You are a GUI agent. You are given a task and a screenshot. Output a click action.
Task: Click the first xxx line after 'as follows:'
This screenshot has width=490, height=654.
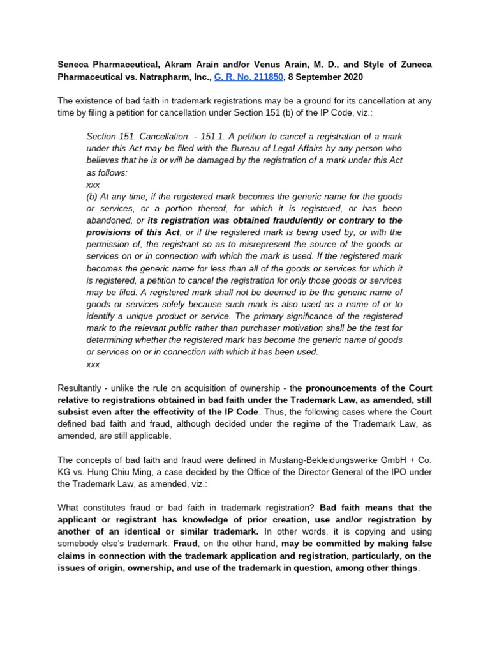tap(93, 184)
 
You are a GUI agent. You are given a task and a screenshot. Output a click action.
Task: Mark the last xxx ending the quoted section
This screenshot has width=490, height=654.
tap(93, 364)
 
